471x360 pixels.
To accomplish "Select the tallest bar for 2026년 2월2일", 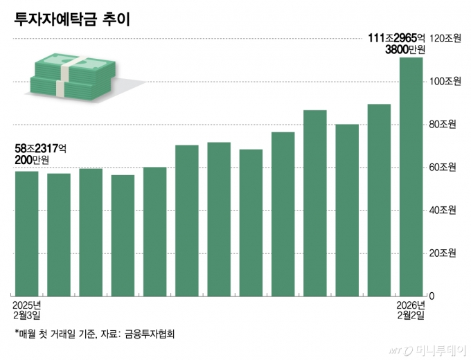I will point(411,177).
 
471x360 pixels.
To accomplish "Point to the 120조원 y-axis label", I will point(444,39).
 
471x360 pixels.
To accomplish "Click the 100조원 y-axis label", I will point(444,82).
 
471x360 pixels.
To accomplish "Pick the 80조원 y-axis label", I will point(444,125).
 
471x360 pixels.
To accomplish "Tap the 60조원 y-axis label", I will point(444,168).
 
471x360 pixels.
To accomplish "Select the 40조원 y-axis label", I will point(444,210).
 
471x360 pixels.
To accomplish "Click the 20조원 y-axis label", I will point(444,253).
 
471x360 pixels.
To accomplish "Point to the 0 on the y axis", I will point(432,296).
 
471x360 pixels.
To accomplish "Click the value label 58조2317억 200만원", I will point(40,154).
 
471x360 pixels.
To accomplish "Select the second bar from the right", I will point(379,200).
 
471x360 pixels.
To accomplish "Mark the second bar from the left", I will point(59,235).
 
